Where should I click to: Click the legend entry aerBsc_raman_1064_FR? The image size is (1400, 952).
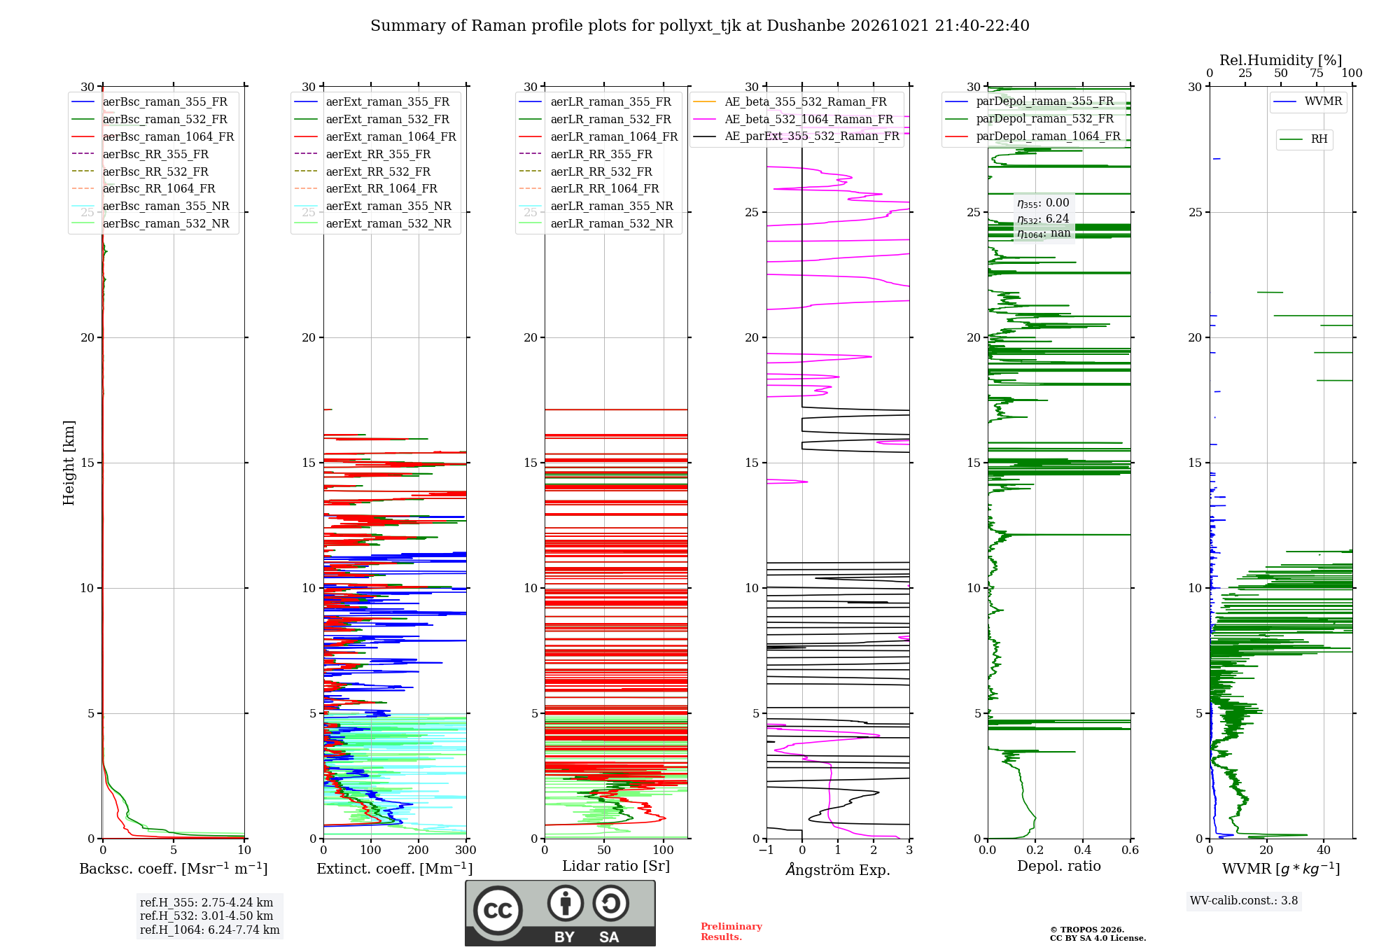click(153, 136)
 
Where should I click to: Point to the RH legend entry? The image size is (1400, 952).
click(1303, 139)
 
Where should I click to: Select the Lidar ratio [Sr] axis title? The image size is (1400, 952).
click(616, 866)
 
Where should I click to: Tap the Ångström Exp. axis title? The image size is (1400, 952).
click(838, 869)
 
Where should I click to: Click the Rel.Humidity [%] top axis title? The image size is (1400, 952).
click(1281, 60)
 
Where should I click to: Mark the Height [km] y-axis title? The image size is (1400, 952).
click(69, 463)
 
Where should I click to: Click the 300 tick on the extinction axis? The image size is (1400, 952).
click(465, 850)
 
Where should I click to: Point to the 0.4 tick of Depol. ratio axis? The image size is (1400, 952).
click(1082, 850)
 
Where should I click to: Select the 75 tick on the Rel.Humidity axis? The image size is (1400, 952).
click(1317, 73)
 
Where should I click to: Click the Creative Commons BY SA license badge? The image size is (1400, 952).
click(560, 913)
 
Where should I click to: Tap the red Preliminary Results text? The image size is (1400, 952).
click(731, 932)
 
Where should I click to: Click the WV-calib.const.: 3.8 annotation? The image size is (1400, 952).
click(1244, 900)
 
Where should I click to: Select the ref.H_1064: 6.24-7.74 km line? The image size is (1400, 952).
click(209, 930)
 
